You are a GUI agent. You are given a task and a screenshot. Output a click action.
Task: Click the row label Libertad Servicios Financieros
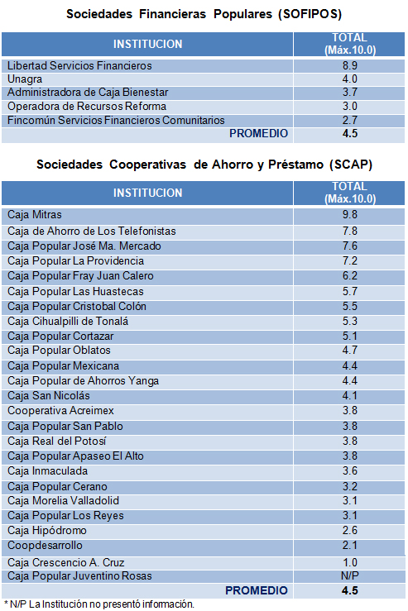click(79, 65)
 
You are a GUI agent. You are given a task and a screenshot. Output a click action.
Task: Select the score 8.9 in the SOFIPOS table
click(348, 65)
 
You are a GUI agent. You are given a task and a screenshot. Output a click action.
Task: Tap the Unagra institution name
click(26, 79)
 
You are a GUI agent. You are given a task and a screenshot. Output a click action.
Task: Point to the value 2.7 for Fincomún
click(348, 121)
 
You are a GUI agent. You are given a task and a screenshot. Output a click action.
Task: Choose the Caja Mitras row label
click(34, 215)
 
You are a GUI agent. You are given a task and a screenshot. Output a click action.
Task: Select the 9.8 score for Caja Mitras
click(348, 215)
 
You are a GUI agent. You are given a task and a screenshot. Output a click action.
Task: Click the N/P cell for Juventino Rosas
click(348, 575)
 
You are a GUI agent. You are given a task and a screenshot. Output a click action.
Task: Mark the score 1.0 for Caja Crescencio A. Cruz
click(348, 561)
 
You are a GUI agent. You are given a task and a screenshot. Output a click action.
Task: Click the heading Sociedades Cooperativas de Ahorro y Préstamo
click(204, 165)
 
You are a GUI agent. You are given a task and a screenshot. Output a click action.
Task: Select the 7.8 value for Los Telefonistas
click(348, 231)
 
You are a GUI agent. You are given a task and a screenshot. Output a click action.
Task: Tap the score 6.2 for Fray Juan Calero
click(348, 275)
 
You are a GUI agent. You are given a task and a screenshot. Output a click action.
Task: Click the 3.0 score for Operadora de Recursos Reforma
click(348, 107)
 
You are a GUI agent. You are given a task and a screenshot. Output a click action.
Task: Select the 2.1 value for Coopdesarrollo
click(348, 546)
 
